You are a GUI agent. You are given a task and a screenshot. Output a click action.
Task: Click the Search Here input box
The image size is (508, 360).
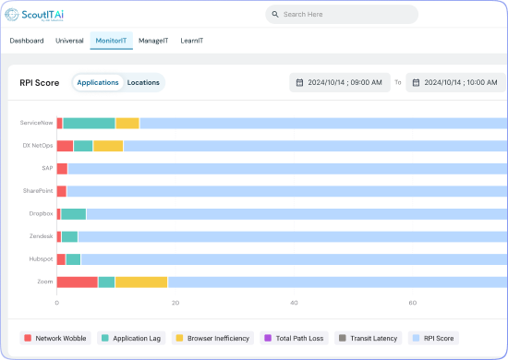[342, 15]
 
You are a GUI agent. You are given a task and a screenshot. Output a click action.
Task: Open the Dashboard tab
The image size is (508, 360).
[27, 41]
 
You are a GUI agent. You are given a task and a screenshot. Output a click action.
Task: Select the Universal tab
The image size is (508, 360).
[69, 41]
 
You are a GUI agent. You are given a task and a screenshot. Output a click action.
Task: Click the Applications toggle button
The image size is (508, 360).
[97, 82]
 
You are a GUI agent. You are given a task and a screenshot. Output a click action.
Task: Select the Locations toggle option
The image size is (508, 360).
[143, 82]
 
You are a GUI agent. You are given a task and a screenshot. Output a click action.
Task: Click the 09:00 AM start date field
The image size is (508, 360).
[339, 82]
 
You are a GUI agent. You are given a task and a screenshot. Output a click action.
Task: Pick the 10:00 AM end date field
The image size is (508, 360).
[456, 82]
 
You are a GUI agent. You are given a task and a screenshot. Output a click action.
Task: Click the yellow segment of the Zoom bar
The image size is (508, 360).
[141, 282]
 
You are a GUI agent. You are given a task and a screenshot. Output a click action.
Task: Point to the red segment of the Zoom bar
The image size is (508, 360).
[78, 282]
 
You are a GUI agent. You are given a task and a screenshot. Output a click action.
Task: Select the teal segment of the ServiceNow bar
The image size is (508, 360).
[89, 123]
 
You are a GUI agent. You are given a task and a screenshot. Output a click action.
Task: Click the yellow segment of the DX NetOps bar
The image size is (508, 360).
[108, 146]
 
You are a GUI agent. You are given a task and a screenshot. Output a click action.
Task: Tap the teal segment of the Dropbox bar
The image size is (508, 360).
[73, 213]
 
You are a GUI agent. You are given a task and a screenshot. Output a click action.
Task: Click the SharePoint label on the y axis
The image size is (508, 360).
[38, 190]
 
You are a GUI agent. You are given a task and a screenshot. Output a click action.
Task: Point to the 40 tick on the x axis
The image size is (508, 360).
[294, 302]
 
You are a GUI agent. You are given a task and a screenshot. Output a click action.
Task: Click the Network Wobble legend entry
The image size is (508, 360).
[55, 339]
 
